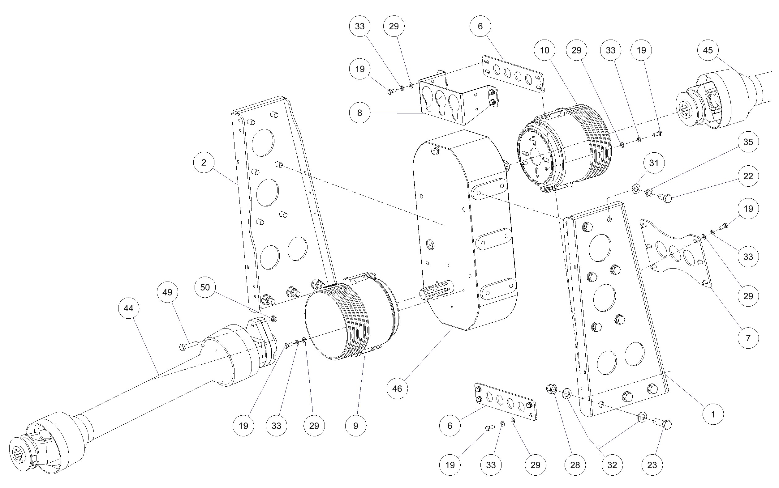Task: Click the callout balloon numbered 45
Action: [708, 50]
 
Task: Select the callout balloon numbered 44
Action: [129, 308]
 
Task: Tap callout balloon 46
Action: [397, 388]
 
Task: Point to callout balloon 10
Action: [544, 50]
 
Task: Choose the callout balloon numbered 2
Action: [204, 162]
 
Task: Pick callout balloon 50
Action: [205, 287]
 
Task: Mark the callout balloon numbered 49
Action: [167, 292]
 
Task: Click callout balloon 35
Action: [748, 142]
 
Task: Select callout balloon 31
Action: [654, 163]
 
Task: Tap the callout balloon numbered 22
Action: [748, 176]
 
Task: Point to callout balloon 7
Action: [748, 338]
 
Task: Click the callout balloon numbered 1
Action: [713, 414]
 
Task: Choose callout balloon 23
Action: [652, 465]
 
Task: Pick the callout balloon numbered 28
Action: [575, 465]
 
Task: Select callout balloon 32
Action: [612, 465]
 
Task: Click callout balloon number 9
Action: [356, 426]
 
